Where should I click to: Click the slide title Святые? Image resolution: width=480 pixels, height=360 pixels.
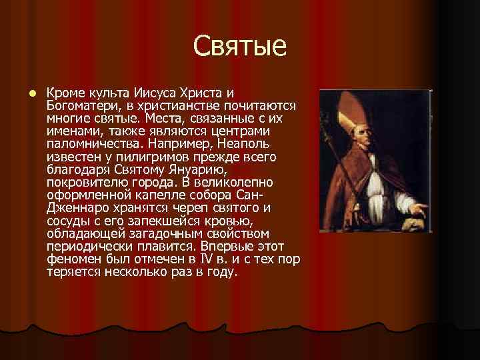point(240,47)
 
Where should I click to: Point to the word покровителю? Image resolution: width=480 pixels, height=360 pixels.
point(87,183)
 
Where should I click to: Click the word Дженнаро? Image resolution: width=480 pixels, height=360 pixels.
point(75,208)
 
